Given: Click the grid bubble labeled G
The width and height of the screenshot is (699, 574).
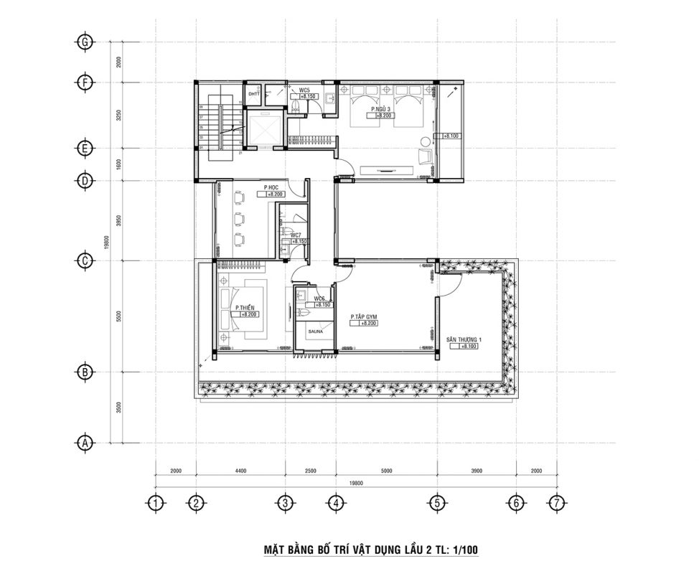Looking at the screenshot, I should [85, 42].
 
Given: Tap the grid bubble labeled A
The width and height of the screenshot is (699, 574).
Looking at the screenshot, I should [85, 443].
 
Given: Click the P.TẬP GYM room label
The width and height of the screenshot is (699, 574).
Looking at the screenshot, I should [363, 316].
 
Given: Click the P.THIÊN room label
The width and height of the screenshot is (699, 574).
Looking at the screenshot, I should [244, 307].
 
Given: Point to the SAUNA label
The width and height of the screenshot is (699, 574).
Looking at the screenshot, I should [316, 332].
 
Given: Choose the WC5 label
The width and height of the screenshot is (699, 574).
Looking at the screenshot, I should [304, 90].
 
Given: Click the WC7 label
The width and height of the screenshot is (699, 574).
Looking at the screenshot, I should [295, 235].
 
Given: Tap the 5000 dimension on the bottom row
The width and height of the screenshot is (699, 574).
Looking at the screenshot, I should [386, 471].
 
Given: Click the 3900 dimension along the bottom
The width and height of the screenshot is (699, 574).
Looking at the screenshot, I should [477, 471].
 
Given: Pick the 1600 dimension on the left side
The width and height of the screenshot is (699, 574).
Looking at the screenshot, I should [118, 164].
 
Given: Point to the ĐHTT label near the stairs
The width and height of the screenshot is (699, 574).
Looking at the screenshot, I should [253, 94].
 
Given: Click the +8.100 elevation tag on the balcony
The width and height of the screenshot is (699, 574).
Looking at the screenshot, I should [451, 135].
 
